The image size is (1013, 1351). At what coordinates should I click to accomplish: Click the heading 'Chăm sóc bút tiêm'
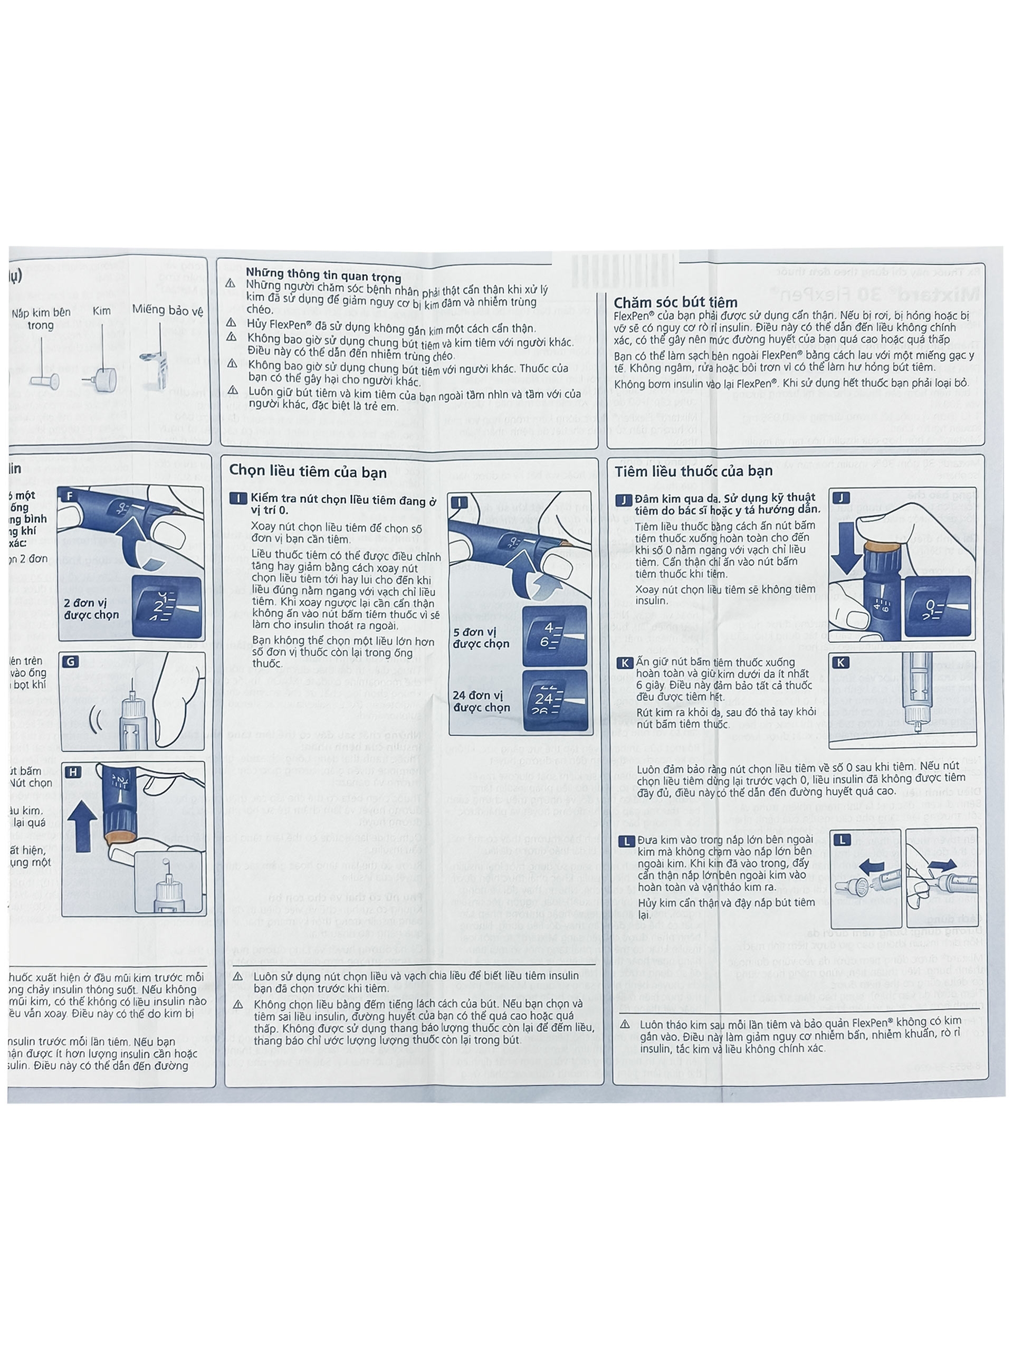click(675, 302)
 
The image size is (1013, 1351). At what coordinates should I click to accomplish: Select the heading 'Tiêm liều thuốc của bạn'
click(694, 471)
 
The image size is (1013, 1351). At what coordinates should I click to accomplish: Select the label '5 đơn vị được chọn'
click(481, 638)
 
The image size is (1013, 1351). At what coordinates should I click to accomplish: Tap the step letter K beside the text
click(624, 663)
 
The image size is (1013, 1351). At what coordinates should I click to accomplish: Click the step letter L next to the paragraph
click(625, 842)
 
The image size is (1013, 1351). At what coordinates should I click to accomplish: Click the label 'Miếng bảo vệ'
click(167, 310)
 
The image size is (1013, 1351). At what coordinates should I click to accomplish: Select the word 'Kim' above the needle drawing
click(101, 311)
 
